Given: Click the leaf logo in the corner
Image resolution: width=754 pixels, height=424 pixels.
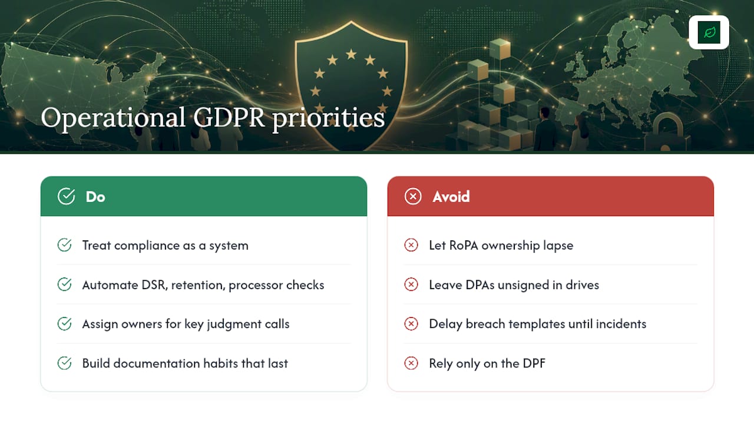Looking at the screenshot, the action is tap(709, 32).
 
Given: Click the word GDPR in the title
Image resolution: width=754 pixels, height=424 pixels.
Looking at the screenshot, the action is tap(229, 117).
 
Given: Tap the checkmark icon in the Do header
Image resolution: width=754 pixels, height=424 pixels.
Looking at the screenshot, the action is tap(66, 196).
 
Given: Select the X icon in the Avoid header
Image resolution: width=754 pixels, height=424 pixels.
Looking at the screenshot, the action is tap(413, 196).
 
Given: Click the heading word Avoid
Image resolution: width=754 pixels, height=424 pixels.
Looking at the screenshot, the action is tap(451, 197).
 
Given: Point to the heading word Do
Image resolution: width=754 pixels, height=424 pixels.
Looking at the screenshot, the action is tap(95, 197).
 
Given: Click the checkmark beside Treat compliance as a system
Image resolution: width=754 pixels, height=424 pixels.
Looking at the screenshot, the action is tap(64, 245).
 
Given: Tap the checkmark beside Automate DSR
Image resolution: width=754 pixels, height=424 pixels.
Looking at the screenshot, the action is tap(64, 284).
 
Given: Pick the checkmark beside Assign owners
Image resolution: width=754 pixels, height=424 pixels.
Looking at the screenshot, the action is tap(64, 324).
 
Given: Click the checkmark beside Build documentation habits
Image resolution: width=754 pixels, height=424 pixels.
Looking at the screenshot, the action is tap(64, 363).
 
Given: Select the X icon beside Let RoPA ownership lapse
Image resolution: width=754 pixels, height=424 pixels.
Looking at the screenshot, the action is tap(411, 245).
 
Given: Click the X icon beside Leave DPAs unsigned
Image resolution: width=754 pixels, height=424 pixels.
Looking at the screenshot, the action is tap(411, 284).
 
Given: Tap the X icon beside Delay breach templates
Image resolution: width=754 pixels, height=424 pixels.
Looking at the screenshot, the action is tap(411, 324).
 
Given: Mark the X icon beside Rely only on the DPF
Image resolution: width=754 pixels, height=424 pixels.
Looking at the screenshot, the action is tap(411, 363).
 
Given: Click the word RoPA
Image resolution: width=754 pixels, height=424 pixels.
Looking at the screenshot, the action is tap(464, 246).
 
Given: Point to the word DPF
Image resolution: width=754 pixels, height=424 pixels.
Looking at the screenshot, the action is tap(534, 363).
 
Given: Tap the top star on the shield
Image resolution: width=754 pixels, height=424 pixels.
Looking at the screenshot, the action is tap(351, 54).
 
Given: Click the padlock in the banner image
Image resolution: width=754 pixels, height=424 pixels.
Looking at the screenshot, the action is tap(666, 133).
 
